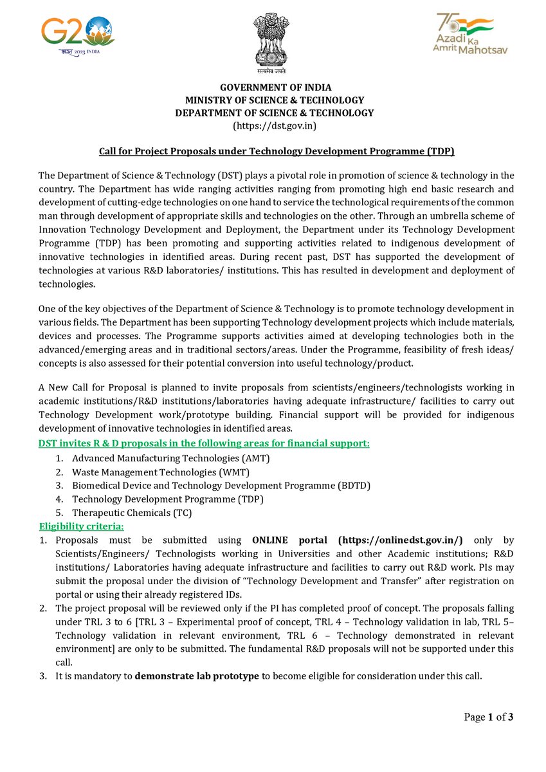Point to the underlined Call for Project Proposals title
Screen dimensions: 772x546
(x=276, y=151)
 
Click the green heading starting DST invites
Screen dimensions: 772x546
(x=204, y=444)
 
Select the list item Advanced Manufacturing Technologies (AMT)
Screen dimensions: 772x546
(x=170, y=458)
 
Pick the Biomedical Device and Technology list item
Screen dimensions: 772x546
(x=221, y=485)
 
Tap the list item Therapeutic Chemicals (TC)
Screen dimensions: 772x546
(x=132, y=513)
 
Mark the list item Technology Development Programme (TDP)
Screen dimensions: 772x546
(x=167, y=499)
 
